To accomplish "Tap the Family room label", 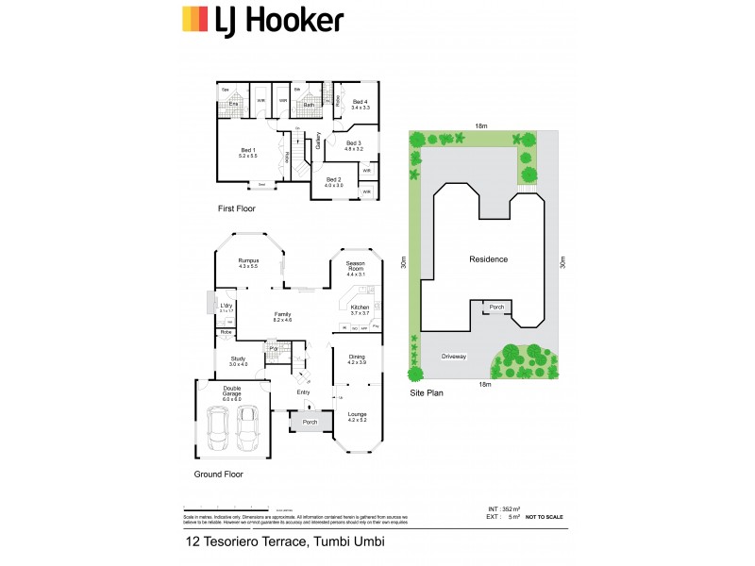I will click(x=282, y=316).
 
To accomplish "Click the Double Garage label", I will click(x=232, y=391).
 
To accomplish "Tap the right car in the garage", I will click(x=249, y=429).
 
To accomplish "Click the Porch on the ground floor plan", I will click(x=310, y=423).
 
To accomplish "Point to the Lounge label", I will click(x=356, y=416).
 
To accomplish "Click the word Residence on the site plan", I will click(x=489, y=259).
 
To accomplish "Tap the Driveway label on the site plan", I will click(x=454, y=357).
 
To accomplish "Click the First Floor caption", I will click(x=237, y=208).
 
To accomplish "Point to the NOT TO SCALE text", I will click(x=545, y=518).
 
